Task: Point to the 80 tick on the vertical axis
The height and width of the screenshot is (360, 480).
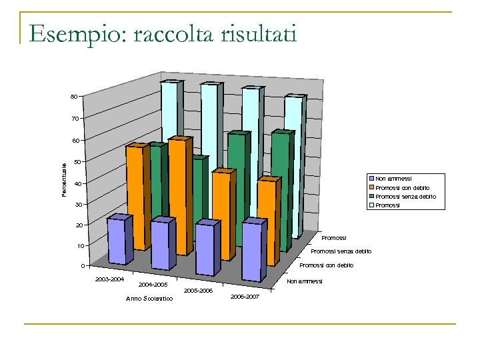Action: tap(75, 97)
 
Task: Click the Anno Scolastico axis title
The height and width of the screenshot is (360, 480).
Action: tap(149, 298)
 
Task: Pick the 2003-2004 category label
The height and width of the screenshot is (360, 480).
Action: tap(109, 278)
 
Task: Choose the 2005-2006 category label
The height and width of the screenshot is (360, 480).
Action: tap(197, 291)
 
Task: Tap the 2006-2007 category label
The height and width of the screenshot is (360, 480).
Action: tap(245, 295)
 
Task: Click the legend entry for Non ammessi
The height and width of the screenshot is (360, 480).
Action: tap(393, 179)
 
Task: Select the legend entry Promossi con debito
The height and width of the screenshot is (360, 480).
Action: tap(402, 187)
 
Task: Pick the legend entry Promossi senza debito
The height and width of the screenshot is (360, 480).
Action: tap(405, 197)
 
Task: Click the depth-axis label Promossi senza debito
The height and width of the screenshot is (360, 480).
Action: tap(341, 251)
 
